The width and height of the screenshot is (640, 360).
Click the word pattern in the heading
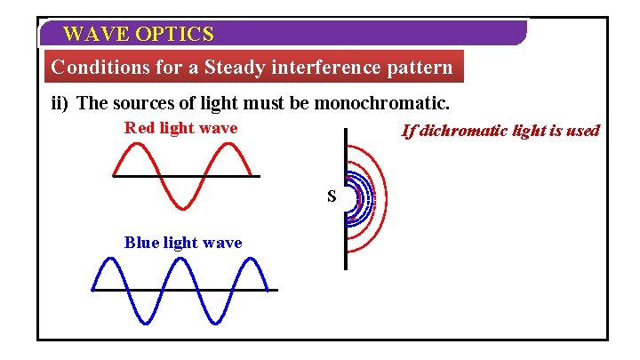[x=420, y=68]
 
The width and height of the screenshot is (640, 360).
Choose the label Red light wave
[x=180, y=128]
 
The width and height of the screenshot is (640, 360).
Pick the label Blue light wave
[x=182, y=243]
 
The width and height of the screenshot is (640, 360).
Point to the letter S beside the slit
[x=332, y=196]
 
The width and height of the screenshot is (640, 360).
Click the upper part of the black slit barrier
[x=345, y=151]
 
